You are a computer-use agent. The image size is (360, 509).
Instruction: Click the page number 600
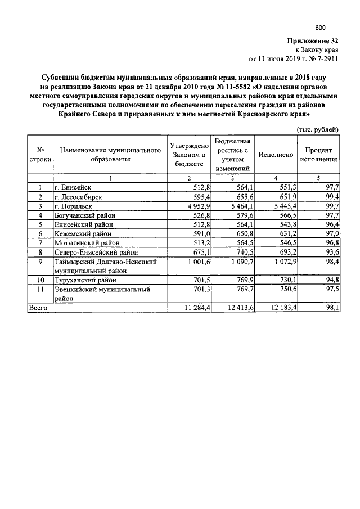coord(320,28)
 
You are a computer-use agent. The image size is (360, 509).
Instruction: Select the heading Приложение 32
coord(313,40)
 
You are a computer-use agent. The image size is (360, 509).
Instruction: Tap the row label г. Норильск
coord(74,206)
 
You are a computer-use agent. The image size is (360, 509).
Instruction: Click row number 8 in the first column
coord(40,252)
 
